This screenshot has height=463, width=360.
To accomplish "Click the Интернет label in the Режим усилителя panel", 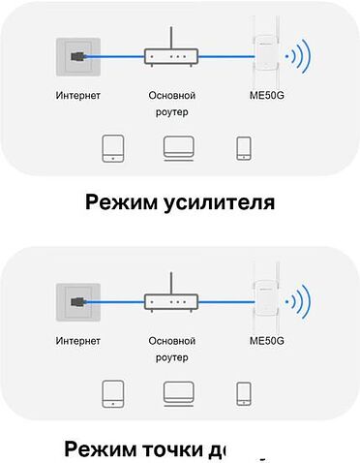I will [78, 96].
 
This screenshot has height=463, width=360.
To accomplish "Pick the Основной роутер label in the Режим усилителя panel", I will [172, 104].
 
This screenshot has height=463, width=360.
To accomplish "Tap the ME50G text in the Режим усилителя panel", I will [266, 96].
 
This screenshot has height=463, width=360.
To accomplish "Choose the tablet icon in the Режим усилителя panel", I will [113, 148].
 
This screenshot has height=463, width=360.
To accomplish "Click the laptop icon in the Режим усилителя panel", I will [178, 148].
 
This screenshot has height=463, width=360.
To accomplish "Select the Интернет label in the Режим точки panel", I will [78, 341].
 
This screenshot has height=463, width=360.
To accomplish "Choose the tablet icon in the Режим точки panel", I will [113, 393].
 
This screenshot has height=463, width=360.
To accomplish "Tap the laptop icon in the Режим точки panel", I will [178, 393].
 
